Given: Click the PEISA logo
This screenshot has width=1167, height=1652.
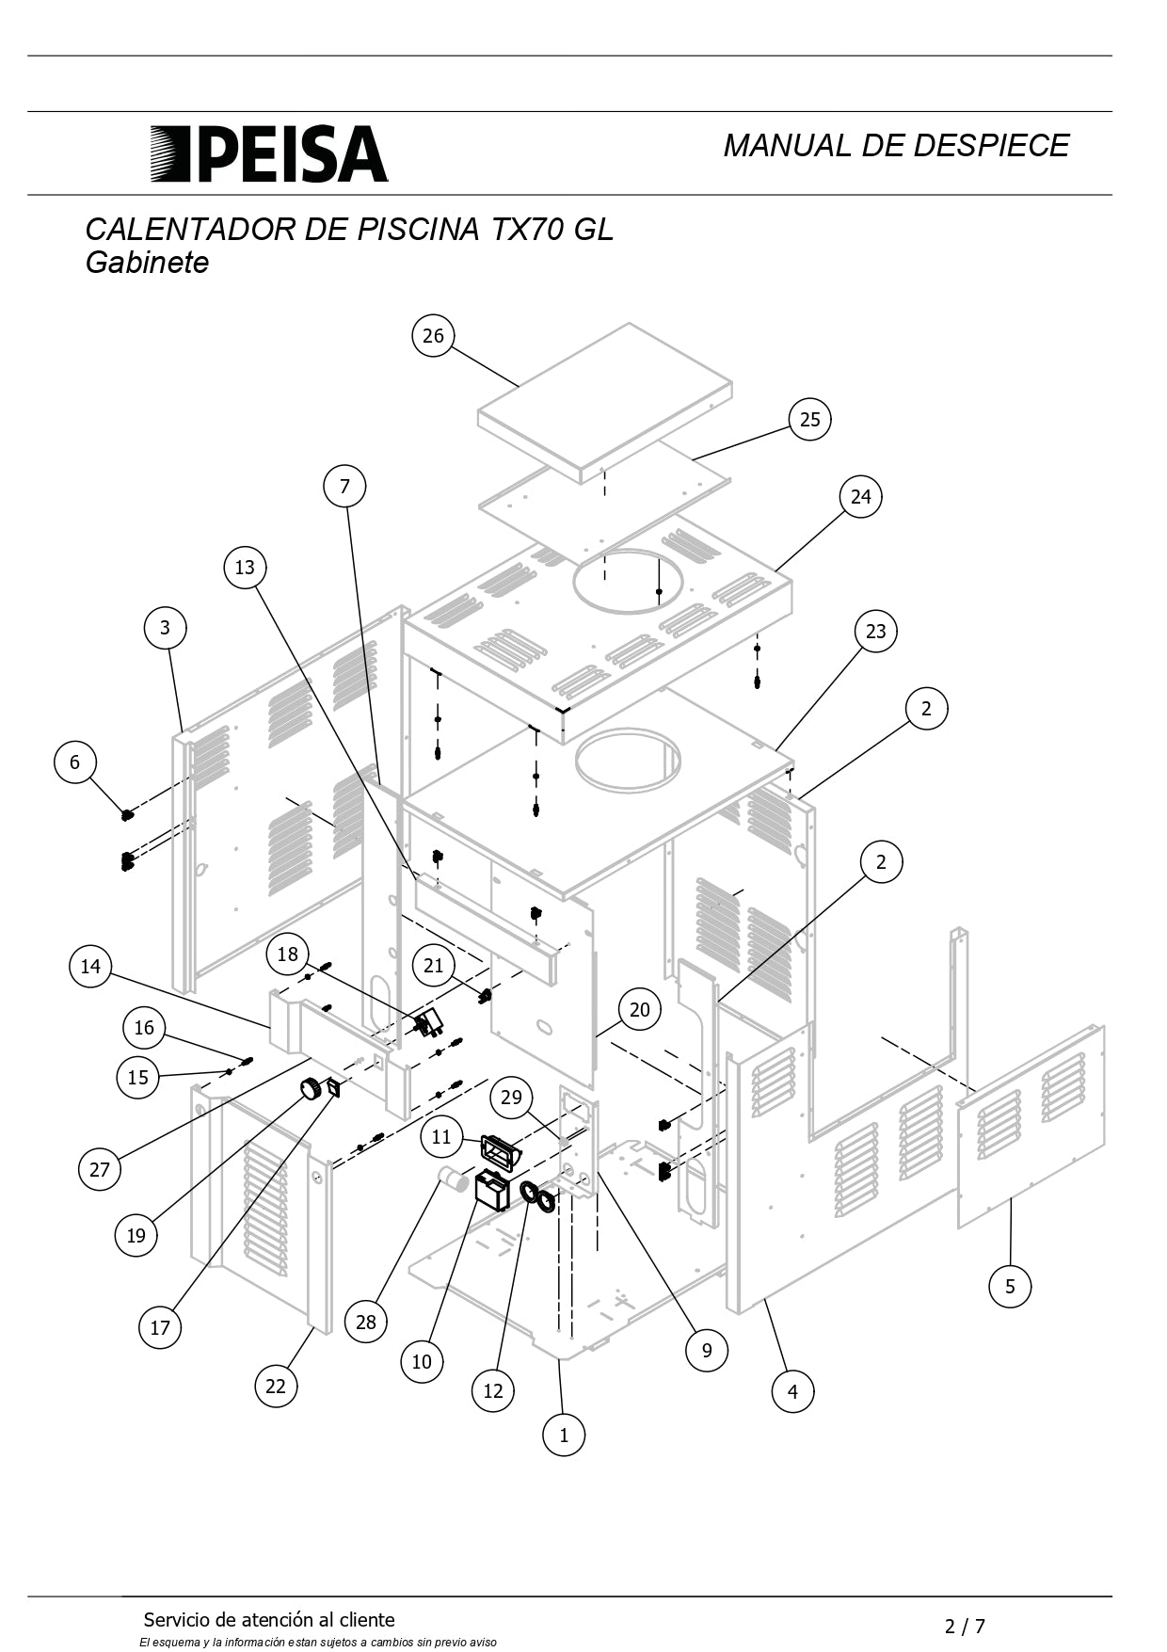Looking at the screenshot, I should (x=269, y=153).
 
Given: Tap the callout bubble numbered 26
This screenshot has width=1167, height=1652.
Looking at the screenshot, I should (x=433, y=336).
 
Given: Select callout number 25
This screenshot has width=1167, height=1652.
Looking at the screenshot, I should (x=809, y=420).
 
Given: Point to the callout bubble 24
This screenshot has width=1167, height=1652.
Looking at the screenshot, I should (x=861, y=497).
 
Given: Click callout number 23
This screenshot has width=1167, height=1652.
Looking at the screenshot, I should (x=875, y=632).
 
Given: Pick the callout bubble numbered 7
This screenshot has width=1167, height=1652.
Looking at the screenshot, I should (x=344, y=487).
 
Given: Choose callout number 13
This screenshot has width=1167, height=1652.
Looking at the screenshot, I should (x=245, y=568).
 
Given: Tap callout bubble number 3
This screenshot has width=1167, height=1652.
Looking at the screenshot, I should (x=166, y=628).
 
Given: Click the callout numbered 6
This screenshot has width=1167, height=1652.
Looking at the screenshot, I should (x=75, y=762).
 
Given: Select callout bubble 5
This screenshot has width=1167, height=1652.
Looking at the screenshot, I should (x=1010, y=1286).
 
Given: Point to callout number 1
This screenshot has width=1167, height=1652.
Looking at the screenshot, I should (x=564, y=1435).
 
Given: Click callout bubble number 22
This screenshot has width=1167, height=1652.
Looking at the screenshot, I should (x=276, y=1386).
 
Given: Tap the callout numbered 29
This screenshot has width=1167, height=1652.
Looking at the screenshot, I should (x=511, y=1098).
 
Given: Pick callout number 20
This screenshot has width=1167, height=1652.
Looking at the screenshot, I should (x=639, y=1010).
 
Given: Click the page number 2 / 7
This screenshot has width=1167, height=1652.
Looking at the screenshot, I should (x=965, y=1626).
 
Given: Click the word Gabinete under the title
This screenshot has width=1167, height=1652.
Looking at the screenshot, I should (x=147, y=263).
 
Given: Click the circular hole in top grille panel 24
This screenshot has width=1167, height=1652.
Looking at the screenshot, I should (x=628, y=581).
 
